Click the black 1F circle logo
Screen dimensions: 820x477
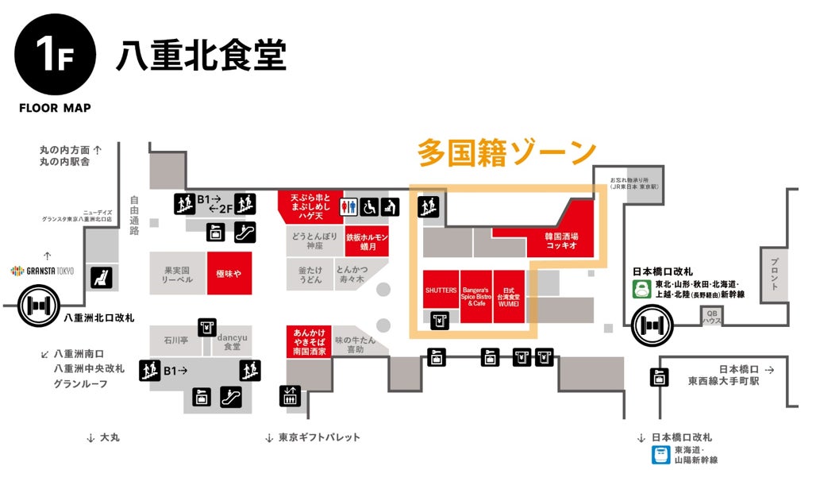tap(55, 55)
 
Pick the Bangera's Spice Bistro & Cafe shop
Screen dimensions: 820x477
tap(475, 297)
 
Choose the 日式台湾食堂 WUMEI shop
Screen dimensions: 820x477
tap(509, 297)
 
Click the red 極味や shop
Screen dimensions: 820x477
tap(229, 273)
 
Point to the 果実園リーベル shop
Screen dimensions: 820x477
tap(178, 274)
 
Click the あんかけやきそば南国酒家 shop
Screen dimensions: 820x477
tap(309, 340)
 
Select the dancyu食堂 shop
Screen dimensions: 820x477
tap(233, 342)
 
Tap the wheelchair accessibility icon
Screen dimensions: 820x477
tap(369, 207)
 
